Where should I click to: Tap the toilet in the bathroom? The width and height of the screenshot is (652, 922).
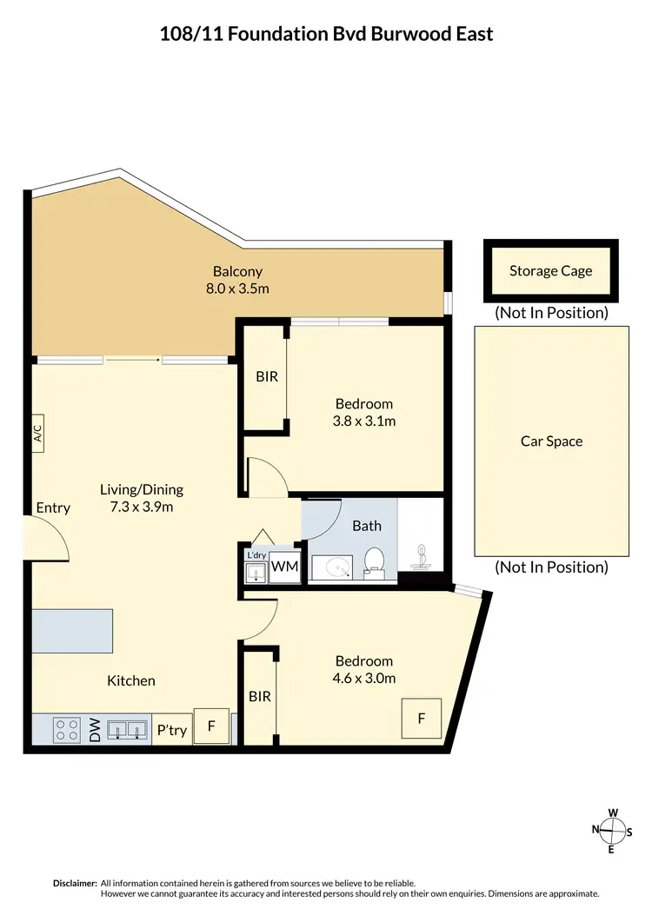pos(375,561)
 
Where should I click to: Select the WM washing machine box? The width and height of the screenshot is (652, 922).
pos(284,567)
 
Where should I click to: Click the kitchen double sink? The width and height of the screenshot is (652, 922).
pos(128,729)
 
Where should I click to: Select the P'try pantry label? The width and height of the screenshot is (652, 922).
pos(171,730)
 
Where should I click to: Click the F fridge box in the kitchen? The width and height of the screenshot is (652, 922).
pos(210,724)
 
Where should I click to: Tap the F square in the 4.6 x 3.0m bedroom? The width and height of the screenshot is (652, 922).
pos(422,719)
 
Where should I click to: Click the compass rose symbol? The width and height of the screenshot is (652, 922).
pos(613,831)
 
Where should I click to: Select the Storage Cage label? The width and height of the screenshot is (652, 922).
pos(550,270)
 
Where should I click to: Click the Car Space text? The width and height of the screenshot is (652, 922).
pos(551,441)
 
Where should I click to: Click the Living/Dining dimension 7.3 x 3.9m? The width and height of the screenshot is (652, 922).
pos(141,507)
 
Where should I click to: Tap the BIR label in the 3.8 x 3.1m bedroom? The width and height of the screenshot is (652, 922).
pos(266,378)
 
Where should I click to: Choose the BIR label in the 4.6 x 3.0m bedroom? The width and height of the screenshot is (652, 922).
pos(259,696)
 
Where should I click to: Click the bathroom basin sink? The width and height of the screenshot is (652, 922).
pos(331,567)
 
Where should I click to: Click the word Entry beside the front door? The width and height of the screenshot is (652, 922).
pos(53,507)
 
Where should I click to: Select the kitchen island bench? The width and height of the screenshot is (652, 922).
pos(73,631)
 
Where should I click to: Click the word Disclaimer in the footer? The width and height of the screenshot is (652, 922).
pos(75,882)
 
